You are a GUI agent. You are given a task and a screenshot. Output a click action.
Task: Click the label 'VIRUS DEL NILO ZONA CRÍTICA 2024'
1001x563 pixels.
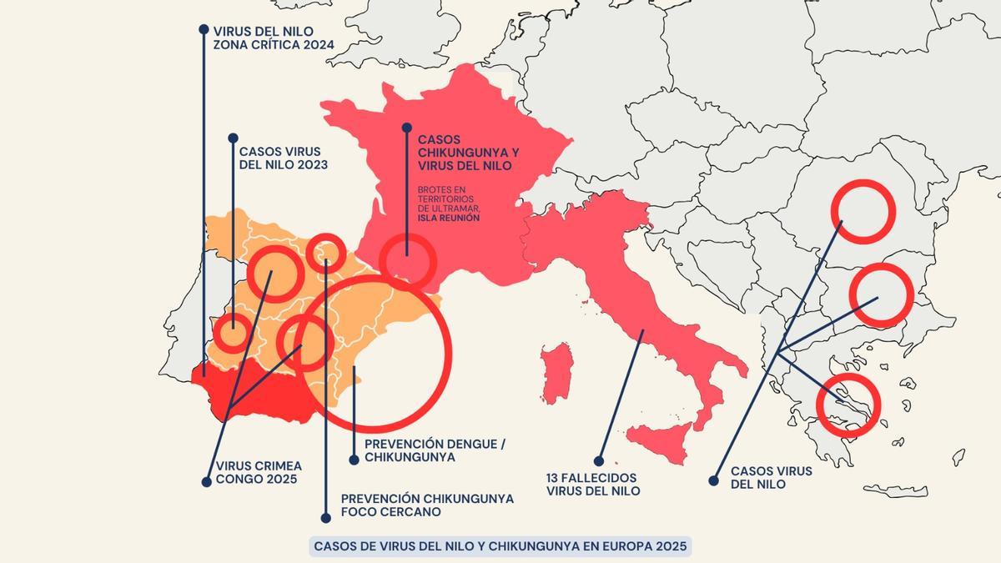coord(268,38)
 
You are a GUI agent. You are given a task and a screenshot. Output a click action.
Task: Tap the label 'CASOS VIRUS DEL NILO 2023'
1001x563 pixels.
coord(283,158)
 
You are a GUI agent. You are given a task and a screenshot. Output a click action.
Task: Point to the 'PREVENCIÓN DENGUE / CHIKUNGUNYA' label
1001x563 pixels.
coord(435,451)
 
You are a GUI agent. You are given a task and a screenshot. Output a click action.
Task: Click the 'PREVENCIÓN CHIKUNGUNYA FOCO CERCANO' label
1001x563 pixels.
coord(427,505)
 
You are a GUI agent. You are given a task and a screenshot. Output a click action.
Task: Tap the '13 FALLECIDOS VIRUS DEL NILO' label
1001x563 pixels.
coord(593,485)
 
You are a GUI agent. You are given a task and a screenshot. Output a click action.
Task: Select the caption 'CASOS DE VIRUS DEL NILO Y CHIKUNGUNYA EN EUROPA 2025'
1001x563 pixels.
coord(500,546)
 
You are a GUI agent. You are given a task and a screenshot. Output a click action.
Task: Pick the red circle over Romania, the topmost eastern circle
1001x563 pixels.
coord(863,210)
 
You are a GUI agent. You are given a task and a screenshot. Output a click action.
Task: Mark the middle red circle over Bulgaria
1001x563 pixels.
coord(882,294)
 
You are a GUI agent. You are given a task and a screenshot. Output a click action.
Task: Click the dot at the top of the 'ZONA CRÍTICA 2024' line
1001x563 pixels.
coord(204,29)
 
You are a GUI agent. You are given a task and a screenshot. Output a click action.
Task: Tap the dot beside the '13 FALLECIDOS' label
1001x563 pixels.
coord(599,460)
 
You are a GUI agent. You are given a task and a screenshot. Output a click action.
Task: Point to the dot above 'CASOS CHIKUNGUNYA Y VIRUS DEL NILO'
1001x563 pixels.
coord(406,128)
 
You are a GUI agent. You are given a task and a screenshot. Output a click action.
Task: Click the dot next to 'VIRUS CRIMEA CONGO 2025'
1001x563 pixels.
coord(206,481)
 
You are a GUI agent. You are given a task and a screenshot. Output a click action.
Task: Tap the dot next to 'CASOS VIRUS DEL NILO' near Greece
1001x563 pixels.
coord(713,480)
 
